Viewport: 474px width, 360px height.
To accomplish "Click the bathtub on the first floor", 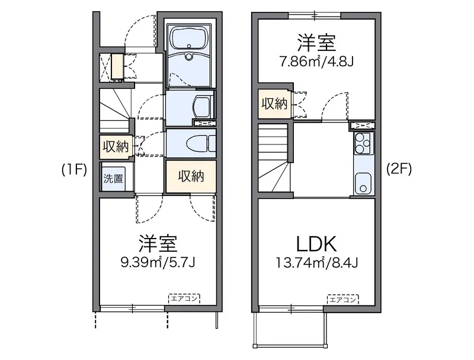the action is pos(189,38).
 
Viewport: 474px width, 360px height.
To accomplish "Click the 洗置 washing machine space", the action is pos(113,178).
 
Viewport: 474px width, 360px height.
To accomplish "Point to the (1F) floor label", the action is pos(75,170).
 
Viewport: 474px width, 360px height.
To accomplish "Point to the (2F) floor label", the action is pos(399,169).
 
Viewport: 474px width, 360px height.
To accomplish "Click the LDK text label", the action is pos(316,244).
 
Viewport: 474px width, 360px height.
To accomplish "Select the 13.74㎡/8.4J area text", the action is pos(316,263).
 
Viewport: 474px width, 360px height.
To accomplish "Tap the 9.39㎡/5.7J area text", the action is pos(158,262).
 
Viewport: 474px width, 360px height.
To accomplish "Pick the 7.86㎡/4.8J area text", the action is pos(316,62).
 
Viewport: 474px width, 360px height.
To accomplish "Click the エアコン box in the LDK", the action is pos(342,299).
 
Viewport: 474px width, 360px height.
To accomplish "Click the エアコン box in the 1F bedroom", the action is pos(184,298).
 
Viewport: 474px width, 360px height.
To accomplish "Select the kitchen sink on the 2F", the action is pos(363,184).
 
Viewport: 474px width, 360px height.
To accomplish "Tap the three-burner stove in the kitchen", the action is pos(363,143).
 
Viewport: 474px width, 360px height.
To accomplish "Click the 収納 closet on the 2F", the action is pos(275,104).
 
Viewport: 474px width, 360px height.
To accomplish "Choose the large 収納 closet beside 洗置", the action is pos(191,176).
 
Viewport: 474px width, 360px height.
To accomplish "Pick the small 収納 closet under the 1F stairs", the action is pos(116,147).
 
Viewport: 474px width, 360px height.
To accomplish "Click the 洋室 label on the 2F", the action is pos(316,43).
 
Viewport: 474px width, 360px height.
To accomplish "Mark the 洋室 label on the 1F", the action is pos(158,243).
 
